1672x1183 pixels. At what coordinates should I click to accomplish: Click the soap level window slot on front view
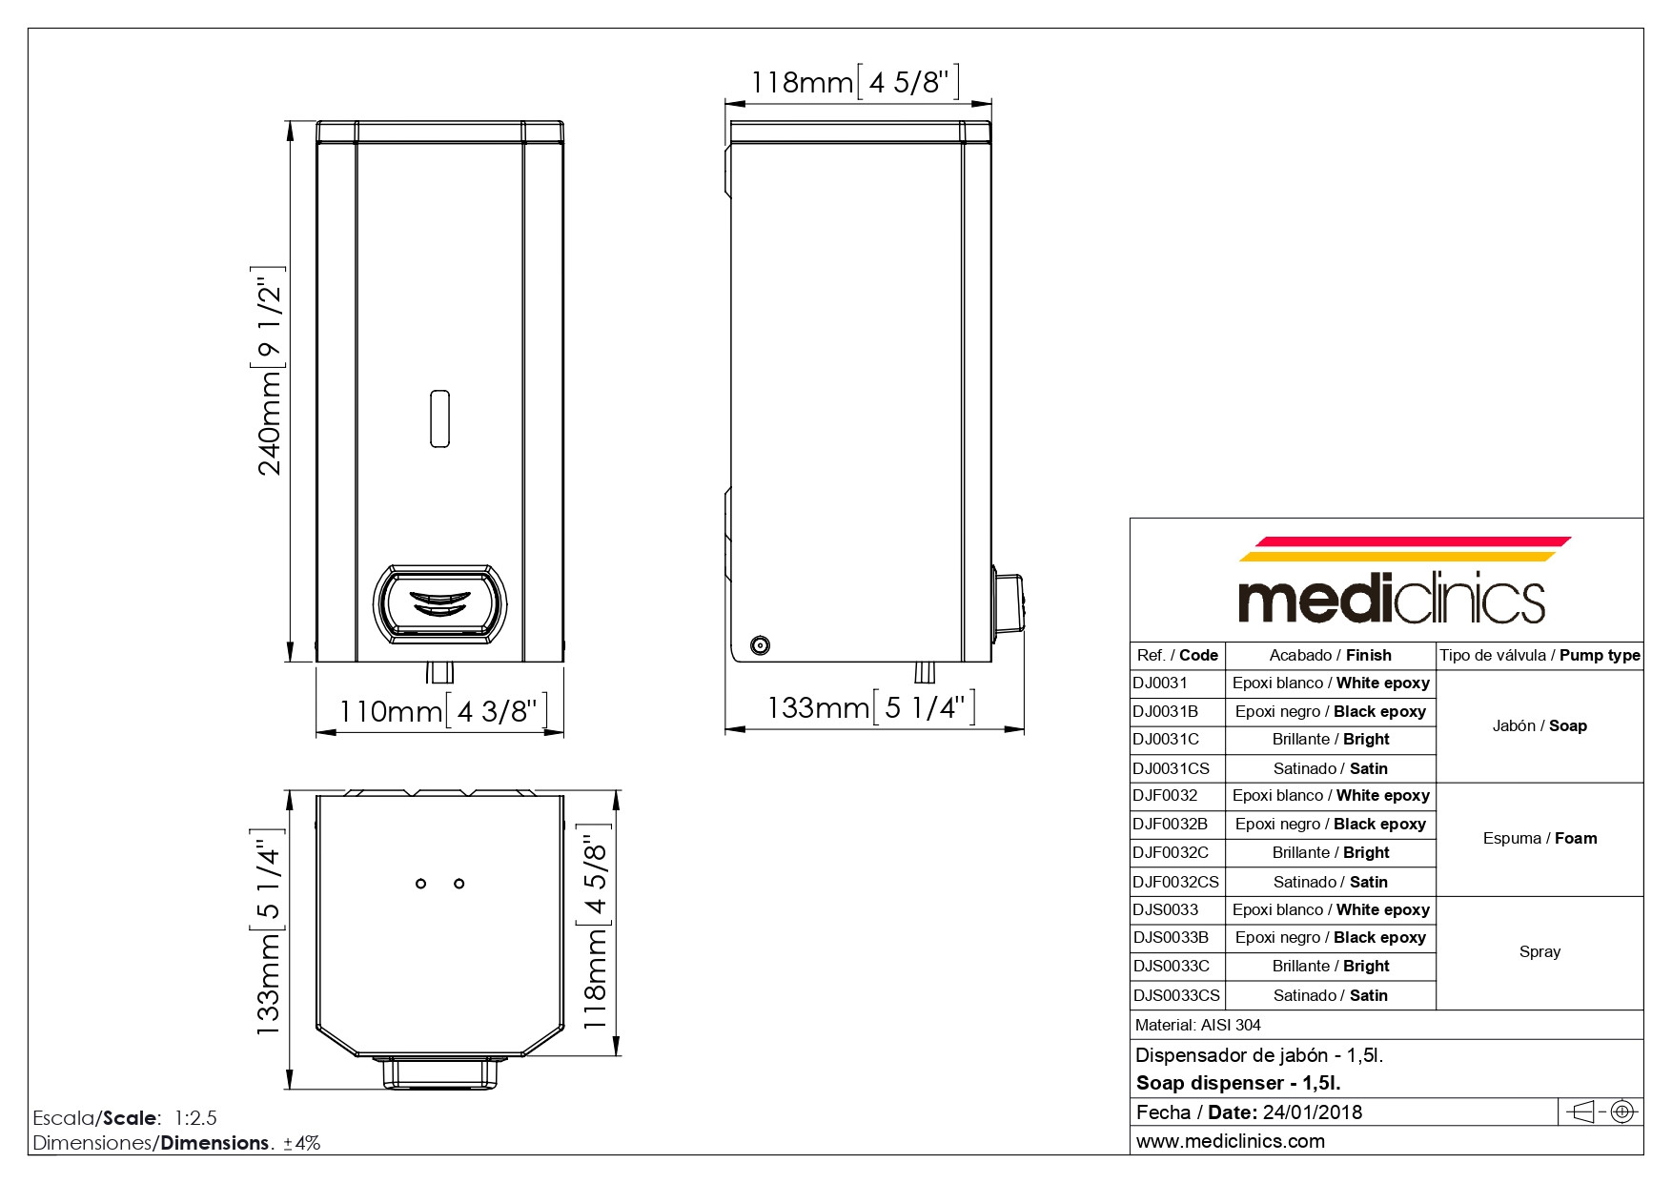tap(439, 418)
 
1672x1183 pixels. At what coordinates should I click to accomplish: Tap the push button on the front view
tap(438, 602)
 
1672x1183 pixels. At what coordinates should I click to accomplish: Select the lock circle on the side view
tap(760, 645)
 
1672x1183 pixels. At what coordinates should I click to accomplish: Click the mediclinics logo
tap(1393, 581)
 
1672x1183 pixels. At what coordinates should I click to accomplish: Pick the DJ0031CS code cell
tap(1177, 768)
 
